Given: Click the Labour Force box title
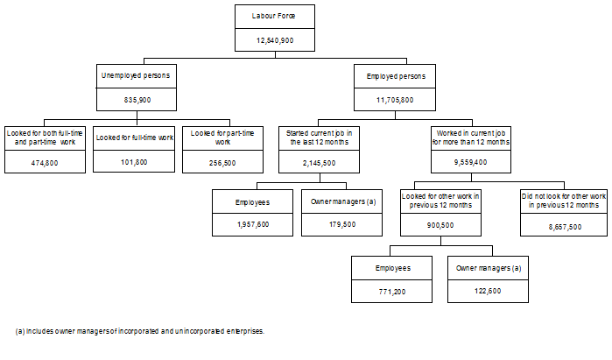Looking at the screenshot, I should (275, 17).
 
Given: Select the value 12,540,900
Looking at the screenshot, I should (275, 40).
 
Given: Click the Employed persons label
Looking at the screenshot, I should (395, 76).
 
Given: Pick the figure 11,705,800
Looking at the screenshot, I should (395, 100).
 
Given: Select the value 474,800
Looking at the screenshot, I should (44, 162).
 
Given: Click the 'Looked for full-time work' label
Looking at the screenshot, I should (135, 138).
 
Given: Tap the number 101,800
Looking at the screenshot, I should (135, 162).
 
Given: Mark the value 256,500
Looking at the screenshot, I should (222, 162).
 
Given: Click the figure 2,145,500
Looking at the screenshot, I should (319, 162).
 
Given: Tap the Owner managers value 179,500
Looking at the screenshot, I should (342, 224).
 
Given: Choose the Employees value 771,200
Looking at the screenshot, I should (392, 288).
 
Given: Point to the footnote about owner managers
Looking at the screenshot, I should (140, 331).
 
